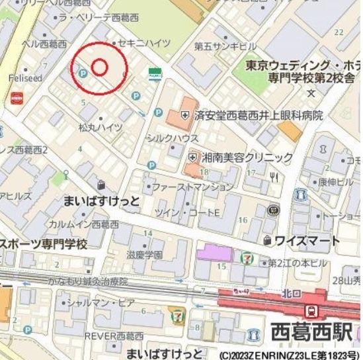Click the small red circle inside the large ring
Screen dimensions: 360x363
tap(99, 67)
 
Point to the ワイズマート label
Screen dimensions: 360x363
tap(307, 241)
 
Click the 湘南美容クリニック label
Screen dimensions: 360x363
tap(247, 157)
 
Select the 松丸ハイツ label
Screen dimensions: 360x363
tap(100, 127)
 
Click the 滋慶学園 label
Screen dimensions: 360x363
tap(145, 255)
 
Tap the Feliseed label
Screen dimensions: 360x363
tap(24, 78)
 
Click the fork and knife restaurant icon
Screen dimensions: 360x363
tap(274, 177)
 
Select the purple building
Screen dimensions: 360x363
tap(215, 252)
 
